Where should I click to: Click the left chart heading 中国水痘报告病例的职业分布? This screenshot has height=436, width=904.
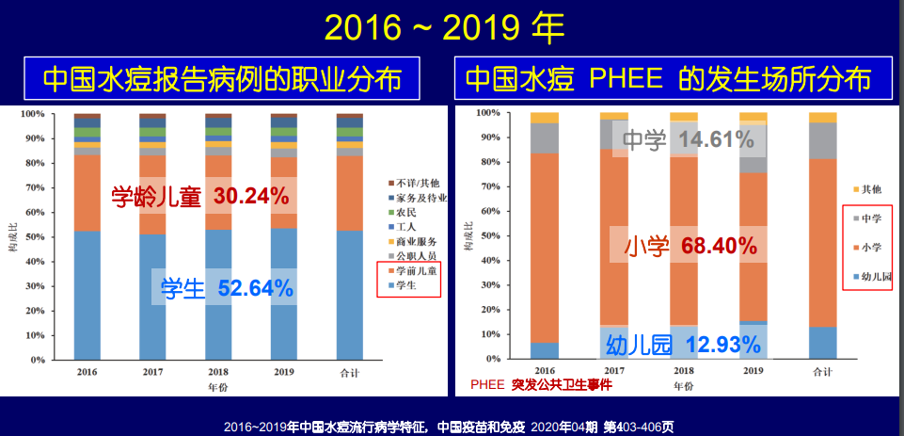(x=222, y=79)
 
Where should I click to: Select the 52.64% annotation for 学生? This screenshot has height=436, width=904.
(x=256, y=288)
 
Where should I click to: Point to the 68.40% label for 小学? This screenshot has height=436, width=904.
(x=718, y=247)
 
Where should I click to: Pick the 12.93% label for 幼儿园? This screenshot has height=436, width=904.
(x=722, y=345)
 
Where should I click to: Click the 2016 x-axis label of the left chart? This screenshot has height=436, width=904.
(x=87, y=373)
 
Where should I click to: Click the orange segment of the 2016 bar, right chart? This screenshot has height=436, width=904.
(x=544, y=245)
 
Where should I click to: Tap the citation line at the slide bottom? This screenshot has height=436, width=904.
(x=449, y=427)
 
